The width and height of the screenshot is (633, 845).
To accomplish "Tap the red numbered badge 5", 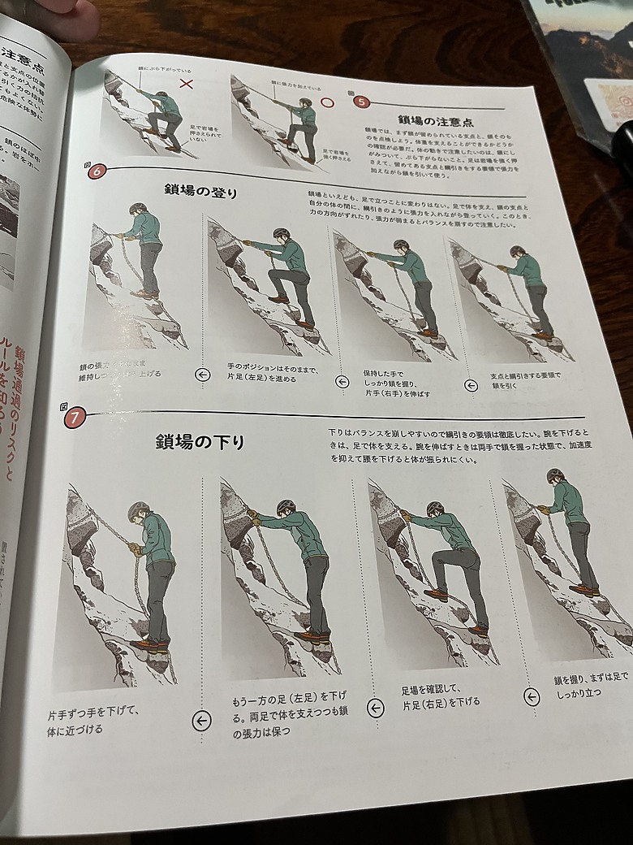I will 362,102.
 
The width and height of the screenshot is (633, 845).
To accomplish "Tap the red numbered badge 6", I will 97,171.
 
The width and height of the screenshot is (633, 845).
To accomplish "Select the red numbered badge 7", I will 74,418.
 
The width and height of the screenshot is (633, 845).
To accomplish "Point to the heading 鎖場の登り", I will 201,192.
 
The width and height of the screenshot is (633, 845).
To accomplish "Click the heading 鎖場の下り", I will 200,442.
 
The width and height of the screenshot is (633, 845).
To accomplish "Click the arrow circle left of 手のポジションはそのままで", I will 204,375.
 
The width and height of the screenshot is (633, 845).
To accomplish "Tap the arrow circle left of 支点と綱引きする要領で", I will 471,385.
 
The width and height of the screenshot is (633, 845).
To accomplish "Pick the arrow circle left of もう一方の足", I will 201,720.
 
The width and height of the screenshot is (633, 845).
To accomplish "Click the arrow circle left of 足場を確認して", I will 375,708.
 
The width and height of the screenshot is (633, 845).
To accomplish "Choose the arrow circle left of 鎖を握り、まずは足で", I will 532,697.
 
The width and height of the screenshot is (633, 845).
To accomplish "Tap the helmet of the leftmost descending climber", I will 139,510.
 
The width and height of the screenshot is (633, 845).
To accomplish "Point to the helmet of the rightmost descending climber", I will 555,474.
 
